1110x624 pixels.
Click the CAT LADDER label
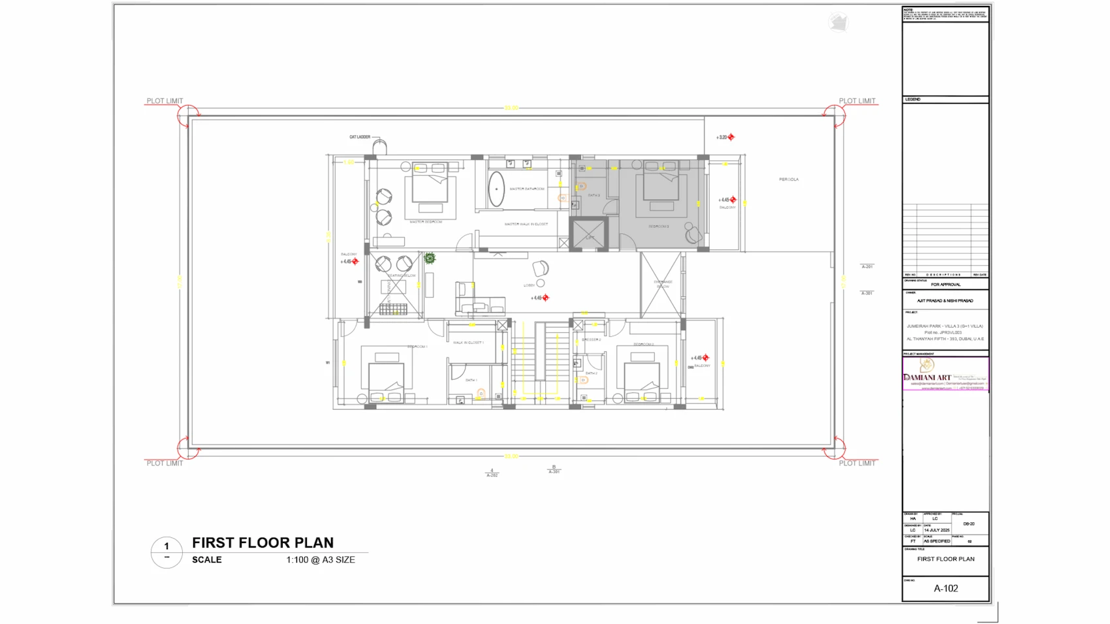coord(359,137)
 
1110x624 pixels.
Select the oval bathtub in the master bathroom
coord(497,189)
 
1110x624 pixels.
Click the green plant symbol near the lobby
coord(430,258)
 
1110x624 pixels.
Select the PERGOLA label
coord(788,179)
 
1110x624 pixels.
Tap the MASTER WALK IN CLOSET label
coord(526,224)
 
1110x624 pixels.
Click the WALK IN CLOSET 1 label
coord(468,342)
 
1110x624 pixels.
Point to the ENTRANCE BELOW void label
coord(663,284)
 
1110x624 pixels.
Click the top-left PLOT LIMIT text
coord(165,101)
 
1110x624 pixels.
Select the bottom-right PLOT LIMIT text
coord(857,463)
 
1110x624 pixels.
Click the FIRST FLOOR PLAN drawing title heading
coord(262,542)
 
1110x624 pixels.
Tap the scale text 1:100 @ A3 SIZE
coord(321,559)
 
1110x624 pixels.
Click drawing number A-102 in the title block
coord(945,588)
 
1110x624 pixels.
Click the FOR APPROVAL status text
coord(945,285)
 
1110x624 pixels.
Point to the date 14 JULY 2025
coord(936,530)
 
